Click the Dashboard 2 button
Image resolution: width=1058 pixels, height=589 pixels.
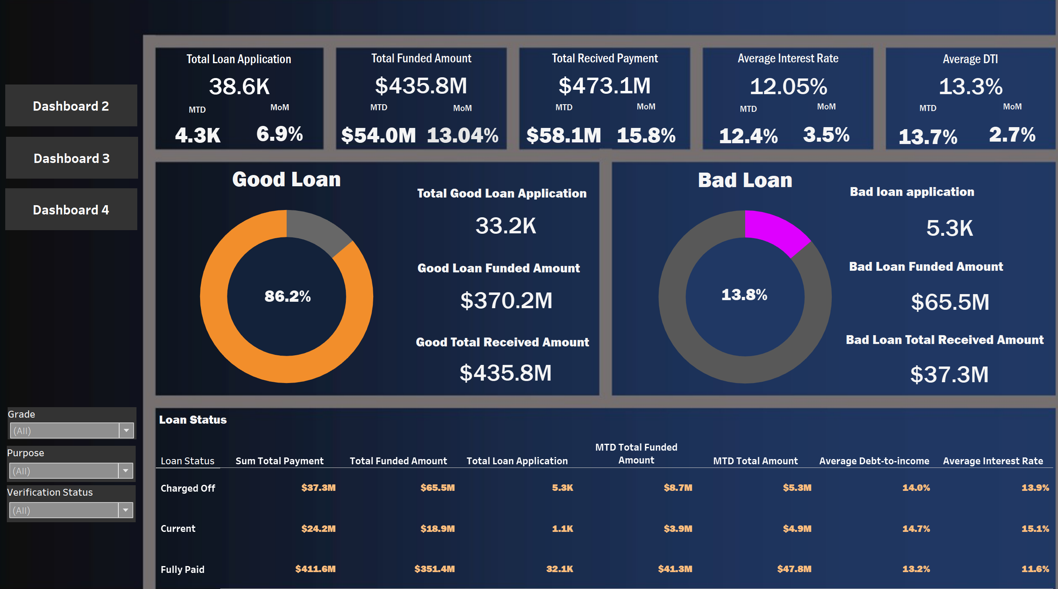71,106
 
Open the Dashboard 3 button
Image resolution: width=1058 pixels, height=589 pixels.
72,158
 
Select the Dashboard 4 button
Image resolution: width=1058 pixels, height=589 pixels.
71,210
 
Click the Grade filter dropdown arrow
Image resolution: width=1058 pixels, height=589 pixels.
126,430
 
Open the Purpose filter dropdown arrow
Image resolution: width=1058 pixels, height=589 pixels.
126,471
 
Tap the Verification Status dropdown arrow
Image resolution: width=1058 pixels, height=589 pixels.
126,510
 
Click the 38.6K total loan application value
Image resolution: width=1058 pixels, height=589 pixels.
239,86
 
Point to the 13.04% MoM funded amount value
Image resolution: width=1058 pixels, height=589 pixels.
463,135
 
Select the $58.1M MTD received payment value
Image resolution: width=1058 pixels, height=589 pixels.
564,135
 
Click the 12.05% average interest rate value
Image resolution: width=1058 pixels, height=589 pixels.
788,86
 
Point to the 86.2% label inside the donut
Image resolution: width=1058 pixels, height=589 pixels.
287,296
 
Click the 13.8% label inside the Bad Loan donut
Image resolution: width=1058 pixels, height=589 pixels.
744,295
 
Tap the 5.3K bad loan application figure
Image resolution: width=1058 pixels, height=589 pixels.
950,228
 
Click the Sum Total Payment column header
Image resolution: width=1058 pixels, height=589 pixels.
279,461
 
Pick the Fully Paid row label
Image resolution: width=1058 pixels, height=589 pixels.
182,569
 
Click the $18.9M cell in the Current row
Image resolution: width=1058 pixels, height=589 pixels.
437,529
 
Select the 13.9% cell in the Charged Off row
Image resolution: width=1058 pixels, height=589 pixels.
1035,488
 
